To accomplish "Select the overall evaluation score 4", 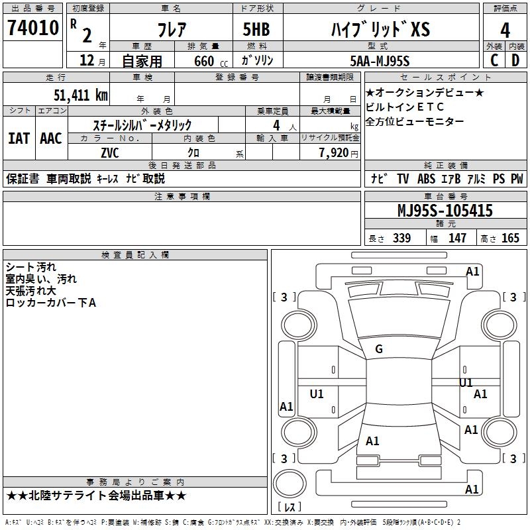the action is (x=505, y=30).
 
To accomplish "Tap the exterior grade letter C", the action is (x=494, y=60).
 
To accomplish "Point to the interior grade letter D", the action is (x=515, y=60).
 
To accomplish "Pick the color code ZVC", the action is (x=110, y=152).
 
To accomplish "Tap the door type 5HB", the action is (x=256, y=30).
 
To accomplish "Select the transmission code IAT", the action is (x=19, y=138).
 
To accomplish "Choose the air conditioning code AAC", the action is (x=51, y=138).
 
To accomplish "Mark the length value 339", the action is (x=401, y=238).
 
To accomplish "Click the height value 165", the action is (x=511, y=238).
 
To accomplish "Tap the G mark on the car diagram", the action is (x=379, y=349).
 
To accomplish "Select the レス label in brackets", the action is (x=289, y=508).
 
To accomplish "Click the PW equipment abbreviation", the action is (x=517, y=178).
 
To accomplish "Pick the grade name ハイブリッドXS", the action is (x=380, y=30).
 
